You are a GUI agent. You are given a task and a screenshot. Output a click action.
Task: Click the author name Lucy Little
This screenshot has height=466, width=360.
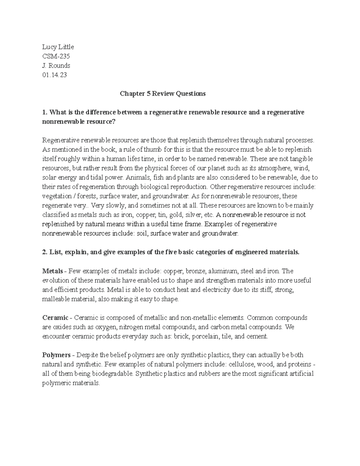[x=58, y=47]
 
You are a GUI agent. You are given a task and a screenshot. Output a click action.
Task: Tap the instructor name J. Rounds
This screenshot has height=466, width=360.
[x=56, y=65]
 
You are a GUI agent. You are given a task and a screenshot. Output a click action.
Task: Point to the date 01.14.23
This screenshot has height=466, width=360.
[x=55, y=75]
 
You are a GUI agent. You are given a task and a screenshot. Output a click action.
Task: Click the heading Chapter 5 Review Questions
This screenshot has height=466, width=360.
[x=163, y=94]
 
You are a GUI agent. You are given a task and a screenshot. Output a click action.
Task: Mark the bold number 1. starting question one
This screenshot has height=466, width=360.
[x=45, y=112]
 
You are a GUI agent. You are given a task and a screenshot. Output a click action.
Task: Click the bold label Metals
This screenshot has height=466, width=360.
[x=52, y=271]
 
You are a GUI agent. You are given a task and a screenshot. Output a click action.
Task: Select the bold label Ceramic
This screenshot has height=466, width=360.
[x=55, y=317]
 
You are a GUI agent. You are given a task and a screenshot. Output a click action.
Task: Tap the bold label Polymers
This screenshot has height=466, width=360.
[x=56, y=355]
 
